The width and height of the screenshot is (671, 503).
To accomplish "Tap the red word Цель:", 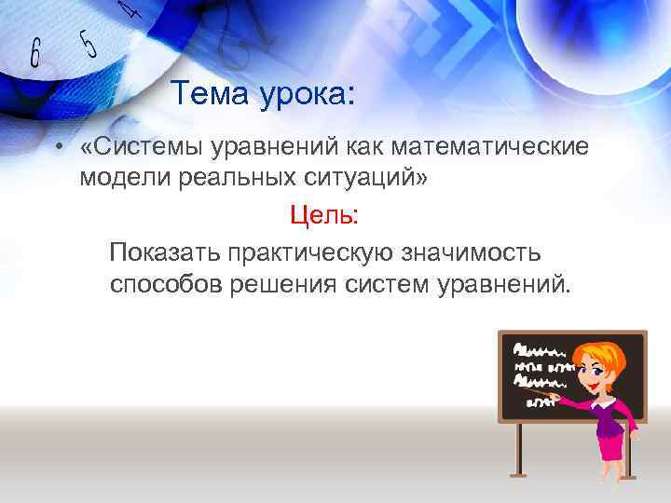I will point(323,215).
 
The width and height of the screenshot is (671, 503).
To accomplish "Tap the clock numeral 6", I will point(35,55).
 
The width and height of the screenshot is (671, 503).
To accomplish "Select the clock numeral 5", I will point(88,42).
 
